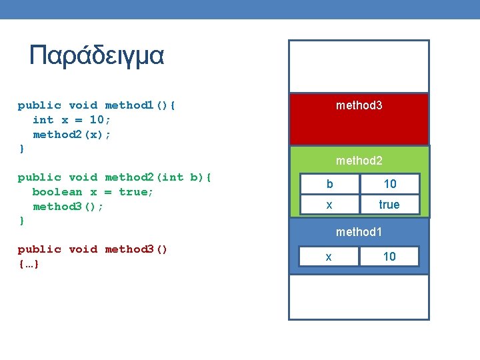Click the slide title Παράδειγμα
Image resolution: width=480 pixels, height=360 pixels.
tap(97, 55)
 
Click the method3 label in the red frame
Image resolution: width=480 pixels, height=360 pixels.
tap(359, 105)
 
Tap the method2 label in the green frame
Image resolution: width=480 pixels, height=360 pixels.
tap(359, 161)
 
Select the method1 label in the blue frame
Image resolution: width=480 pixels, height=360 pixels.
tap(359, 232)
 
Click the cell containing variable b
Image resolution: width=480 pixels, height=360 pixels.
tap(329, 183)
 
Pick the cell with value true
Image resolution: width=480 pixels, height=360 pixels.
tap(389, 205)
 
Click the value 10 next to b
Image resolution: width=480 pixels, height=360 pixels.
tap(389, 183)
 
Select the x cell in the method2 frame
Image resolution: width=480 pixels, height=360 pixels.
tap(329, 205)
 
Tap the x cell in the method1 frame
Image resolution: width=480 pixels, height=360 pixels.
tap(327, 256)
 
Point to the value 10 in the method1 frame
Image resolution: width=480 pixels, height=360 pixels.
tap(389, 256)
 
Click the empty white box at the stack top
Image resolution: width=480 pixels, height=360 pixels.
tap(359, 66)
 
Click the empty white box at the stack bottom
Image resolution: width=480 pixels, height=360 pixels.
tap(359, 297)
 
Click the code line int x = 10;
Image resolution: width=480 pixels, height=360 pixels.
tap(72, 120)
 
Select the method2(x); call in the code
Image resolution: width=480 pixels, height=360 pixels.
tap(72, 135)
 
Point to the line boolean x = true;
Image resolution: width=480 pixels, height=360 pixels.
tap(93, 192)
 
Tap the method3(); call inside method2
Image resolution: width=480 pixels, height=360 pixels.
tap(68, 207)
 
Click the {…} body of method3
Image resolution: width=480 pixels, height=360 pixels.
tap(28, 264)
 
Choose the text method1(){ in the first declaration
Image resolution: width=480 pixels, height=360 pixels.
tap(141, 105)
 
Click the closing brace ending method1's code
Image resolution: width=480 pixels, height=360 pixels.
tap(21, 149)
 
